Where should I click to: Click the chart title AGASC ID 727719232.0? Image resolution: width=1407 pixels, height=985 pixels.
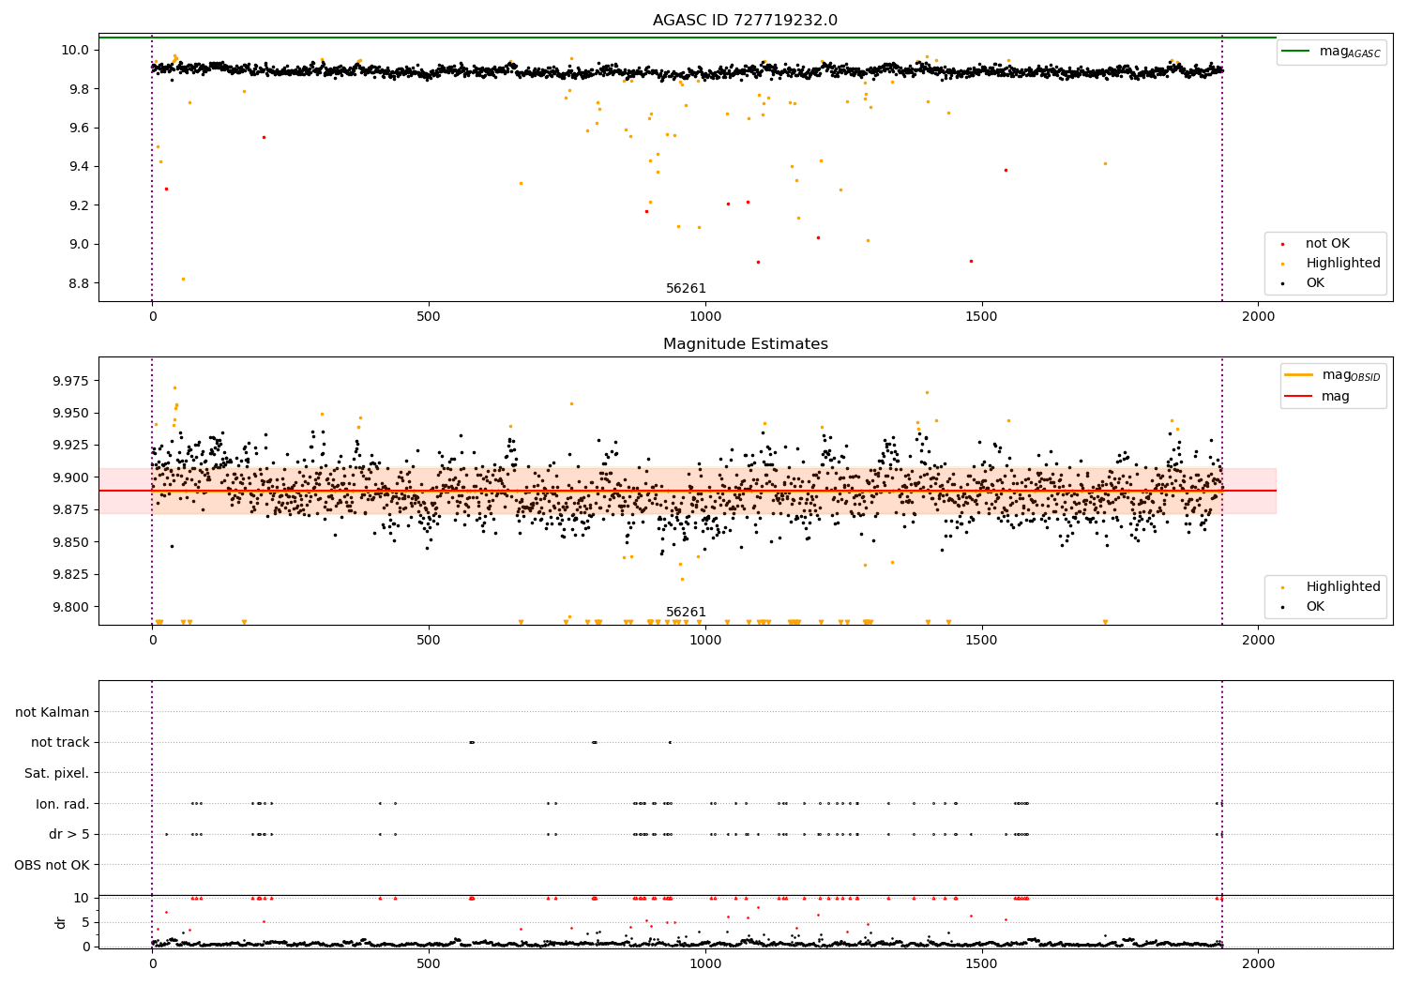click(x=745, y=21)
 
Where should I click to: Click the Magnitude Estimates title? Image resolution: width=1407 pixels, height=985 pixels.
click(x=745, y=344)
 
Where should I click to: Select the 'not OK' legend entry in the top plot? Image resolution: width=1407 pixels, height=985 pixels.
click(x=1326, y=244)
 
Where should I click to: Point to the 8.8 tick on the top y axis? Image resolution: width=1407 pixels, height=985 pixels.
click(x=76, y=283)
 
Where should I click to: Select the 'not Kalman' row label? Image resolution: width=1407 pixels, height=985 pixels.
click(x=52, y=712)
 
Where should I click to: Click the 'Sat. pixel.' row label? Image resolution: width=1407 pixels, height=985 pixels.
click(x=56, y=773)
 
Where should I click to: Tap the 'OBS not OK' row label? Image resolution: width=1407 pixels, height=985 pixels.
click(x=52, y=865)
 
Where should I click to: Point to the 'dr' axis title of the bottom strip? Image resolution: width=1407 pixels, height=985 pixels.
click(x=61, y=922)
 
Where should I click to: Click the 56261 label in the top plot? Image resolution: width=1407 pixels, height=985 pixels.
click(x=686, y=289)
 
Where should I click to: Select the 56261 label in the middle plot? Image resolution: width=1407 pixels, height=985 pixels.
click(x=686, y=613)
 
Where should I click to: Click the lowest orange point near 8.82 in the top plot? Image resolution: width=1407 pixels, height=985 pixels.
click(x=183, y=279)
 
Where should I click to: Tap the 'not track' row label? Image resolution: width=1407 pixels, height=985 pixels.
click(x=60, y=742)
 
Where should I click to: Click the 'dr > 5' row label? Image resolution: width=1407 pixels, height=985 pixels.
click(x=68, y=834)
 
